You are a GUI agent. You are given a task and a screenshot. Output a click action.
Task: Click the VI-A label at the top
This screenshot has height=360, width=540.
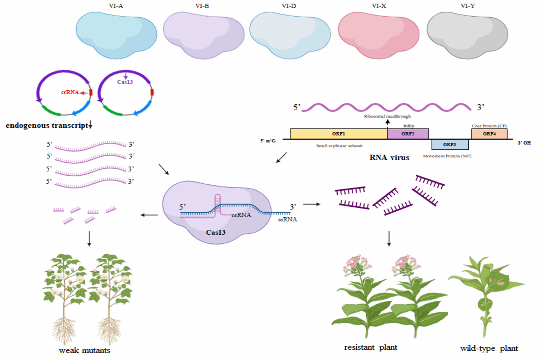pyautogui.click(x=116, y=6)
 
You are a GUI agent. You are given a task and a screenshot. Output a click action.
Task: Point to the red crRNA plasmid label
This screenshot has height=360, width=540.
pyautogui.click(x=70, y=92)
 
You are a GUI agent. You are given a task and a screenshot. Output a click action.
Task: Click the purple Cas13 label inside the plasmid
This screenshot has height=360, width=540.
pyautogui.click(x=125, y=82)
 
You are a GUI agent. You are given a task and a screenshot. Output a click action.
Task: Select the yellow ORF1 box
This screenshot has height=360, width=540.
pyautogui.click(x=338, y=134)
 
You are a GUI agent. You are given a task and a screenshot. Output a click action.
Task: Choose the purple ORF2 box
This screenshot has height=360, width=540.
pyautogui.click(x=408, y=134)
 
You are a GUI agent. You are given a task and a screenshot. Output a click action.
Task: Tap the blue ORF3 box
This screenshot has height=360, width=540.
pyautogui.click(x=450, y=144)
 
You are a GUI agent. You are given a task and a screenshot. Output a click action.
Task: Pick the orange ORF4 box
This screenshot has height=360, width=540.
pyautogui.click(x=489, y=134)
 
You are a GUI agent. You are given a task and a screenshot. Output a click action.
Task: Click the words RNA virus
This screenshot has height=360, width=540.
pyautogui.click(x=389, y=158)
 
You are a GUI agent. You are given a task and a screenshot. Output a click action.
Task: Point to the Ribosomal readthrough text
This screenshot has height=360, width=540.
pyautogui.click(x=387, y=116)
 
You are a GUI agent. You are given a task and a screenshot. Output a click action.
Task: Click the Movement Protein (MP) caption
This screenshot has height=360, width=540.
pyautogui.click(x=447, y=156)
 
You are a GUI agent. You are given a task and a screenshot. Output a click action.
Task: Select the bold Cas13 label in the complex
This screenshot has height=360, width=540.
pyautogui.click(x=216, y=233)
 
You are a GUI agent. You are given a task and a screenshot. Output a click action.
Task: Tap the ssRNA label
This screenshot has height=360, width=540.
pyautogui.click(x=288, y=219)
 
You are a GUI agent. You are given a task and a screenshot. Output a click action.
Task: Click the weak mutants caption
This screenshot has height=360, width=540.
pyautogui.click(x=85, y=351)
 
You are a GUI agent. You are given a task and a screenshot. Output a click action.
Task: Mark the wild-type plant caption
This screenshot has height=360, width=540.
pyautogui.click(x=489, y=348)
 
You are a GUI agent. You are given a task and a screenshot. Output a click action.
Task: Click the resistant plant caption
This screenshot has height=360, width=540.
pyautogui.click(x=370, y=347)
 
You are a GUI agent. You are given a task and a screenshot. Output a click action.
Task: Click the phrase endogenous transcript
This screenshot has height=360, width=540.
pyautogui.click(x=47, y=126)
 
